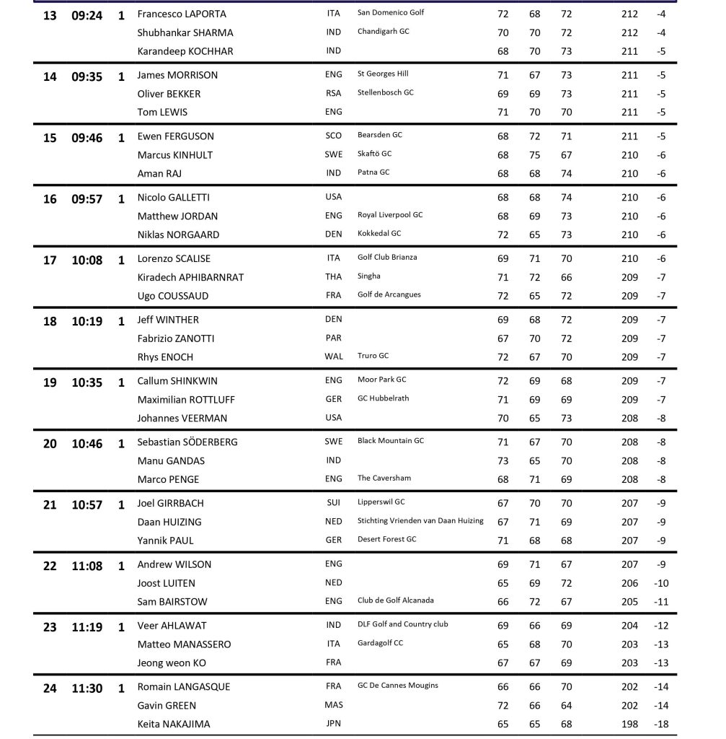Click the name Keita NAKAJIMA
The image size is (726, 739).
coord(174,724)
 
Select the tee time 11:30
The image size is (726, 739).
coord(87,688)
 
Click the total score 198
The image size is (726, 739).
coord(629,724)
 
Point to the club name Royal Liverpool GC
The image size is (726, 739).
coord(390,215)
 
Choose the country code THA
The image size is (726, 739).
coord(333,277)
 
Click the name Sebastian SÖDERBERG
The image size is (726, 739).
coord(187,442)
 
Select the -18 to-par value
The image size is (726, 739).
coord(661,724)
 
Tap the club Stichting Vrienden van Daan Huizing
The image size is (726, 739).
coord(420,521)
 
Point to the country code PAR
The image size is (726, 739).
coord(333,338)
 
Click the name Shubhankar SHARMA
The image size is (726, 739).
coord(185,32)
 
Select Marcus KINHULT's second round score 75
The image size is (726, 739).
coord(534,154)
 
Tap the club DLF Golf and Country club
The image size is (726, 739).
coord(402,624)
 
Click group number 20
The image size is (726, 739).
coord(50,444)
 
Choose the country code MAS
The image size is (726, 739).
coord(333,705)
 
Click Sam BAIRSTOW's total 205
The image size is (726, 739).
coord(629,602)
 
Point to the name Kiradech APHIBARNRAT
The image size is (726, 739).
coord(190,277)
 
